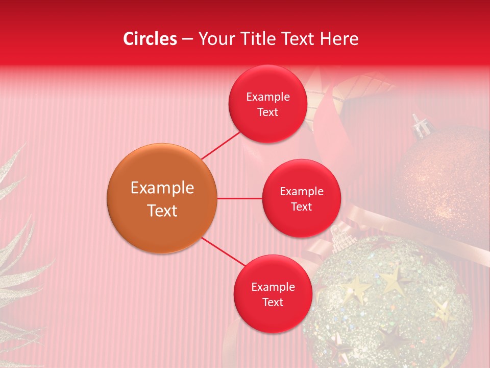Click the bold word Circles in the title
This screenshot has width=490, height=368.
point(150,39)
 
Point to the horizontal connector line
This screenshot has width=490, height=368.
point(239,198)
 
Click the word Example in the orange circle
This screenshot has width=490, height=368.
point(162,188)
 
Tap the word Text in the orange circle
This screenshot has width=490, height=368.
point(162,211)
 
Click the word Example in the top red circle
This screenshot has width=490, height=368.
point(267,97)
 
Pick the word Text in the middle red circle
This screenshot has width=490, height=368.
point(301,207)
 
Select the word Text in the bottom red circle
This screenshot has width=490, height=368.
point(273,303)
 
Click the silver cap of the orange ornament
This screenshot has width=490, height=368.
point(420,125)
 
